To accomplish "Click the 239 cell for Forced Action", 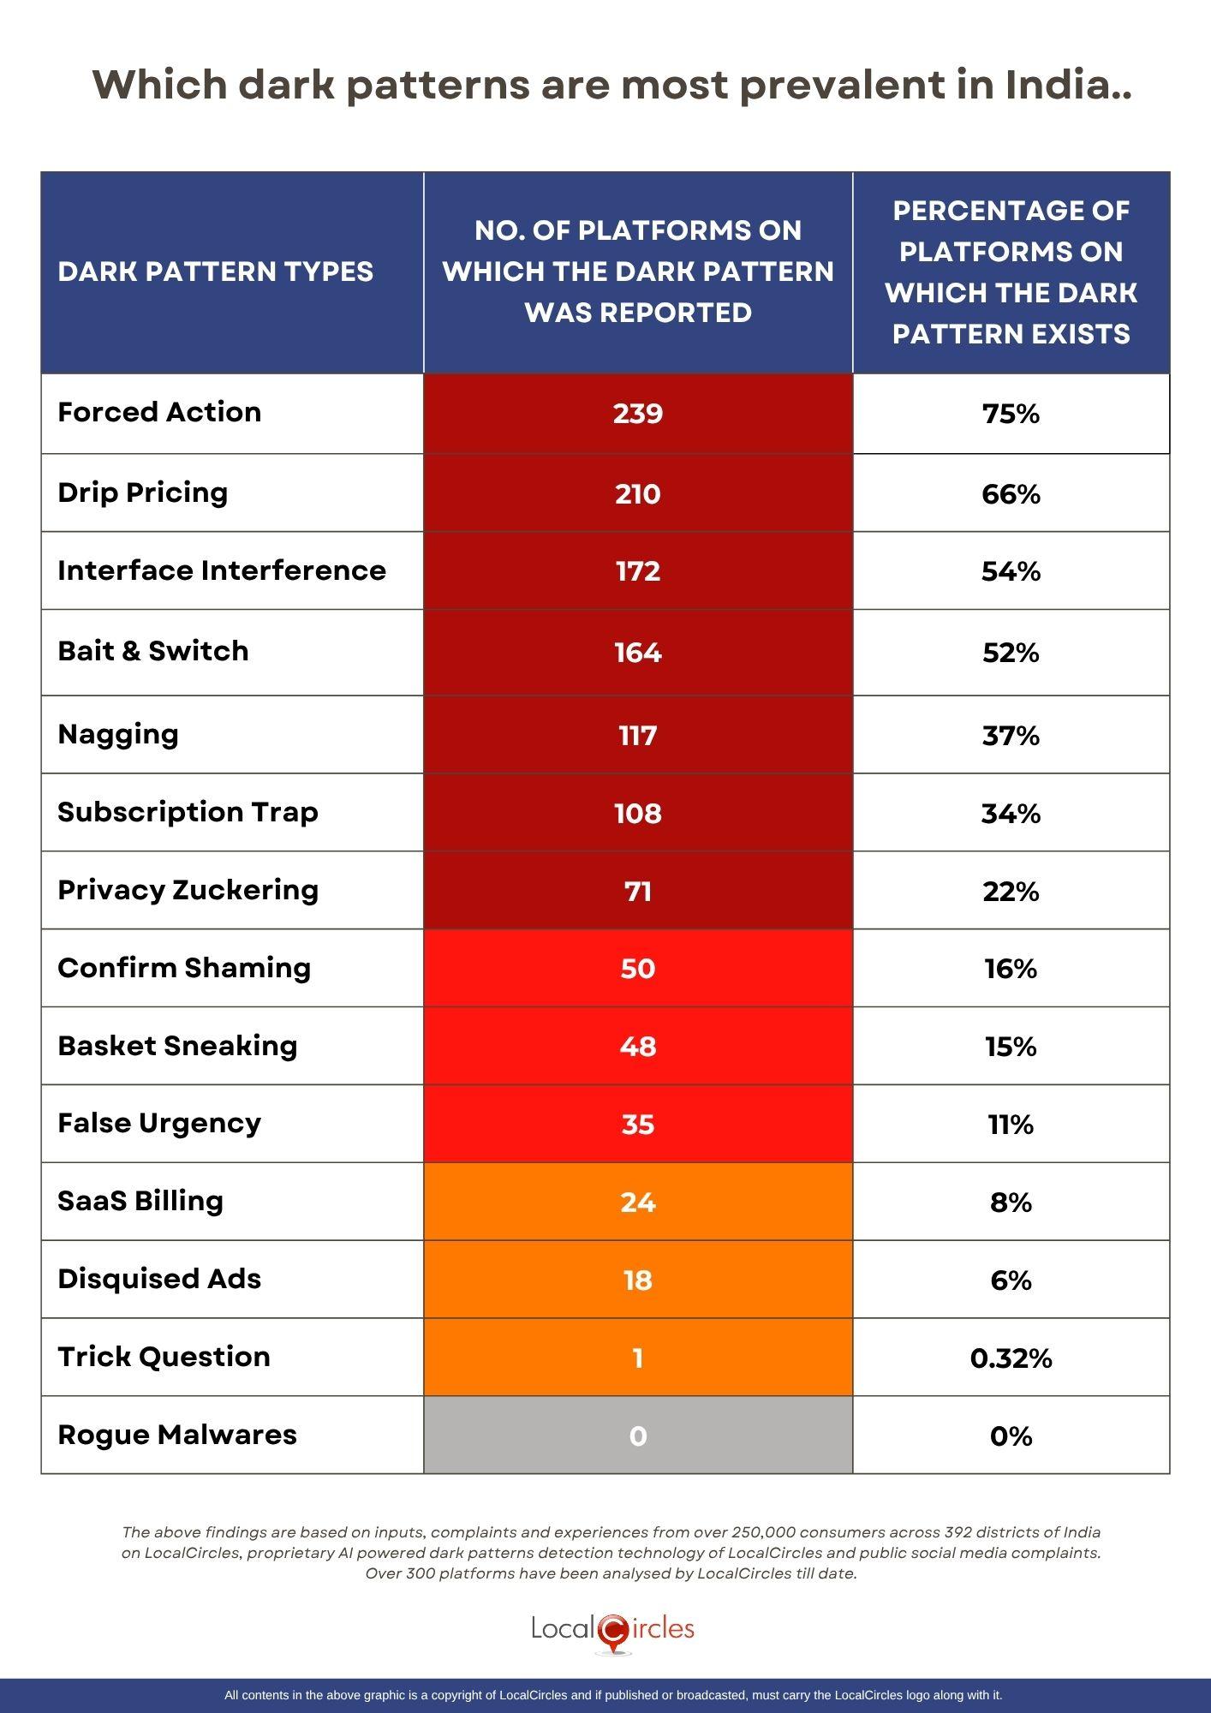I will click(638, 414).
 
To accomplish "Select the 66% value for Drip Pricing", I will click(1011, 494).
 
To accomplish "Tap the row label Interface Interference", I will click(222, 570).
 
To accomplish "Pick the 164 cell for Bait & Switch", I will click(638, 653).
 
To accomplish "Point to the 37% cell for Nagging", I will click(1011, 736).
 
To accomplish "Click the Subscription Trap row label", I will click(188, 812).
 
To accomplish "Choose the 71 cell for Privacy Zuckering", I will click(638, 892).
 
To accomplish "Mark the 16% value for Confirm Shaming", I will click(1011, 969).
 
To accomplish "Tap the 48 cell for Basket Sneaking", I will click(638, 1047).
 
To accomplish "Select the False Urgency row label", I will click(159, 1123).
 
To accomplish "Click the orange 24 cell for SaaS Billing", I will click(638, 1203).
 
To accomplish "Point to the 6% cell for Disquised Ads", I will click(1011, 1280).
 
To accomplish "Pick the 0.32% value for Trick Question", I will click(1011, 1358).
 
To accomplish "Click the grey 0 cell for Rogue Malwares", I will click(638, 1436).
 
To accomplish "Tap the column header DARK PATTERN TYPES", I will click(216, 272).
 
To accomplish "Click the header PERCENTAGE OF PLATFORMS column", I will click(1011, 272).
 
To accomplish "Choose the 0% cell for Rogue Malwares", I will click(1011, 1436).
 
